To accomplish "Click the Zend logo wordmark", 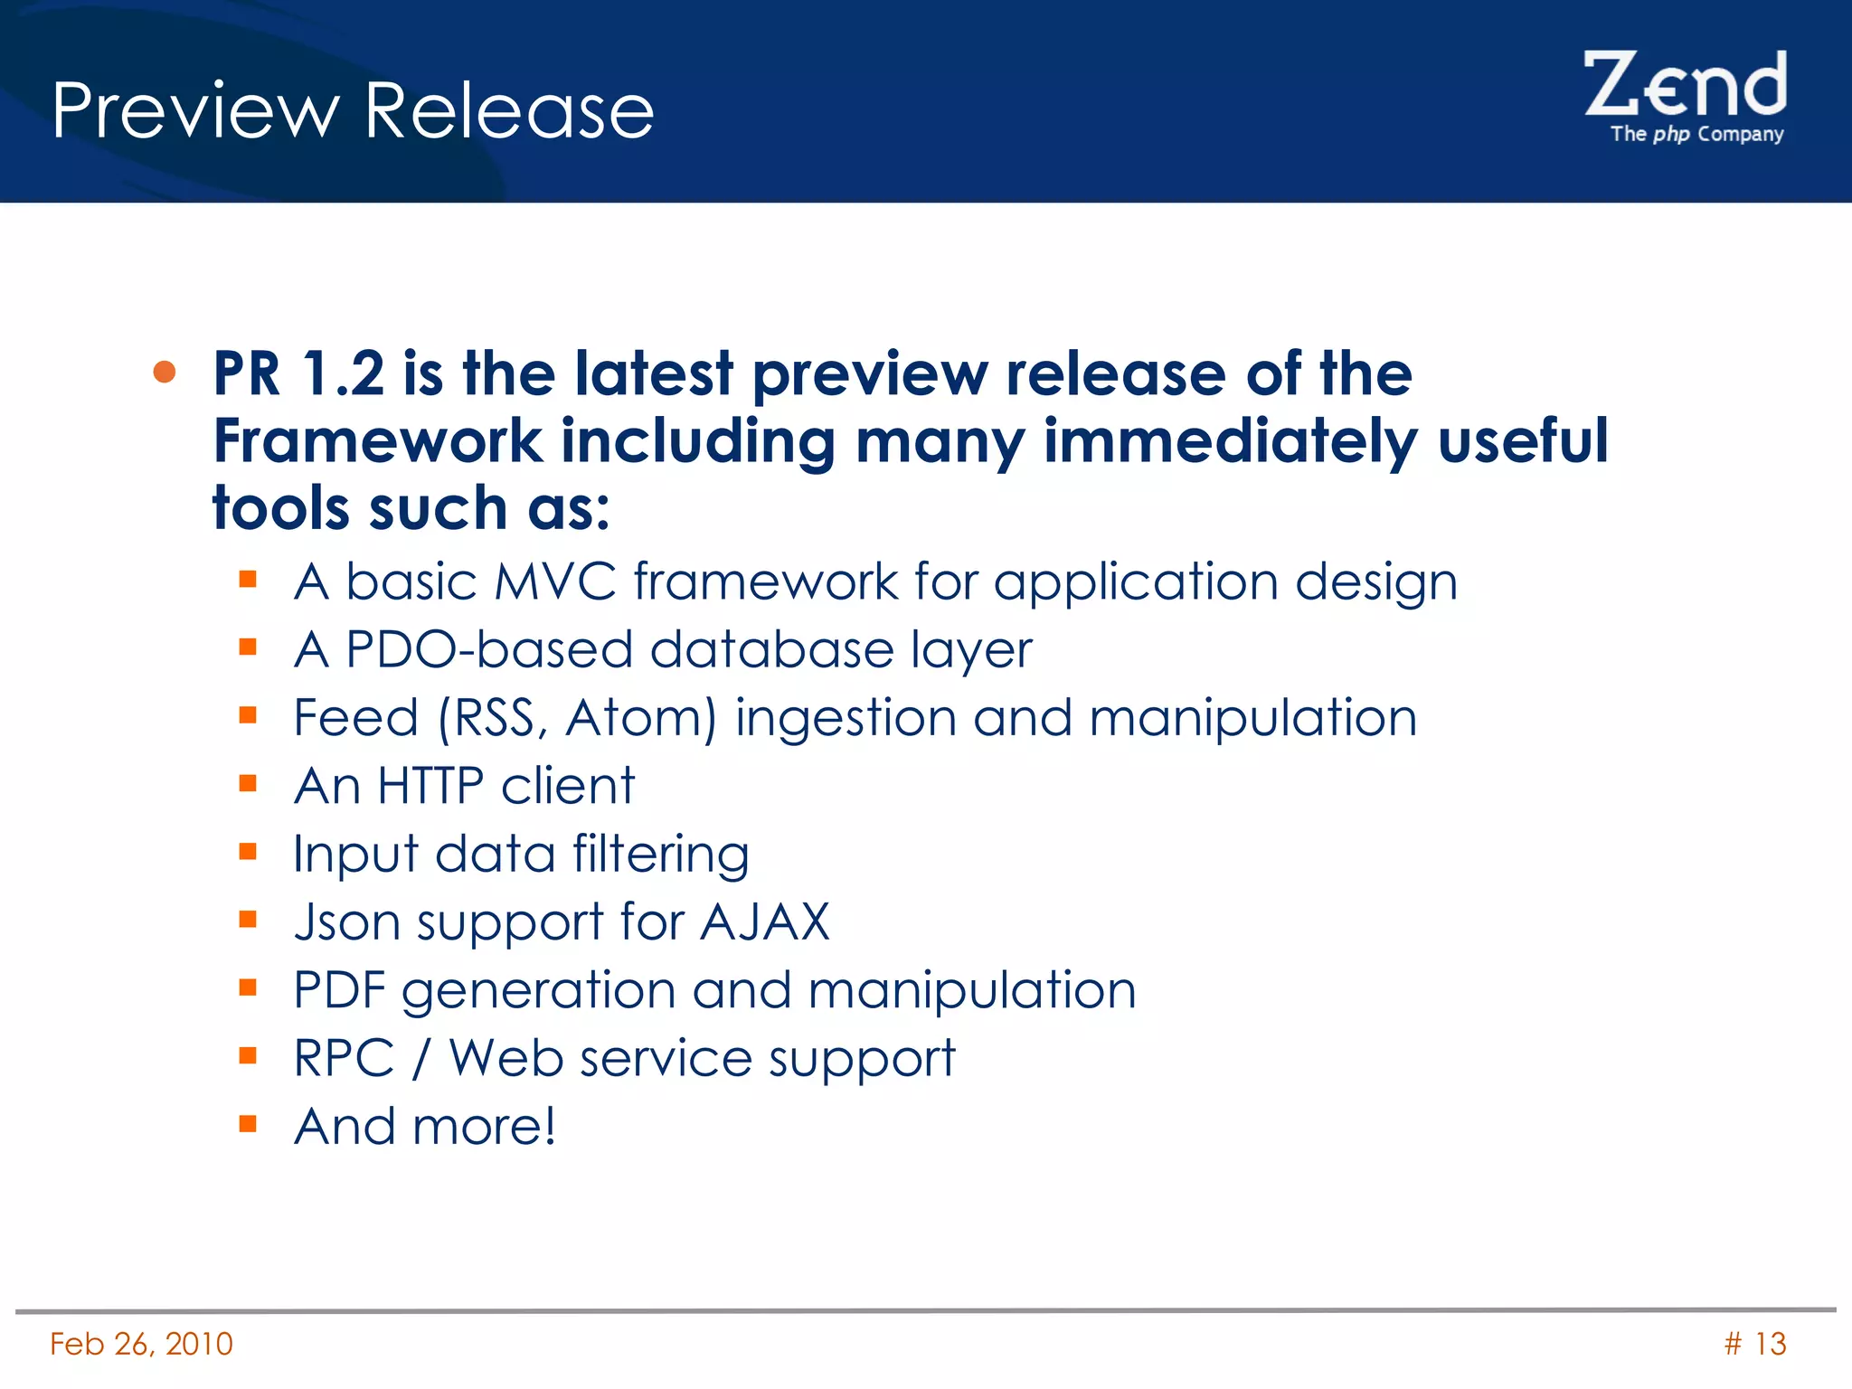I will (x=1684, y=85).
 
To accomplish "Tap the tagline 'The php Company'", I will (x=1696, y=134).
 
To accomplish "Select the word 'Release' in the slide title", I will (x=509, y=111).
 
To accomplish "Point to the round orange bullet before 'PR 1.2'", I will (x=165, y=372).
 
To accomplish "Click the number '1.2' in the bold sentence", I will (x=343, y=373).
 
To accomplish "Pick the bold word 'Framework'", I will (x=377, y=441).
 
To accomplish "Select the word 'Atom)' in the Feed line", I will (x=641, y=718).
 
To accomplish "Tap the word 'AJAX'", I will (x=765, y=922).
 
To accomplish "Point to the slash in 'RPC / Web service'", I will (x=420, y=1059).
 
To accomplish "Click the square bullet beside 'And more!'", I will (x=249, y=1124).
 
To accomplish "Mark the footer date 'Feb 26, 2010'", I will (x=141, y=1344).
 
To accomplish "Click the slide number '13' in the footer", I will (x=1770, y=1344).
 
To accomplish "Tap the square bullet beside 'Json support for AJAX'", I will (x=249, y=920).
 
